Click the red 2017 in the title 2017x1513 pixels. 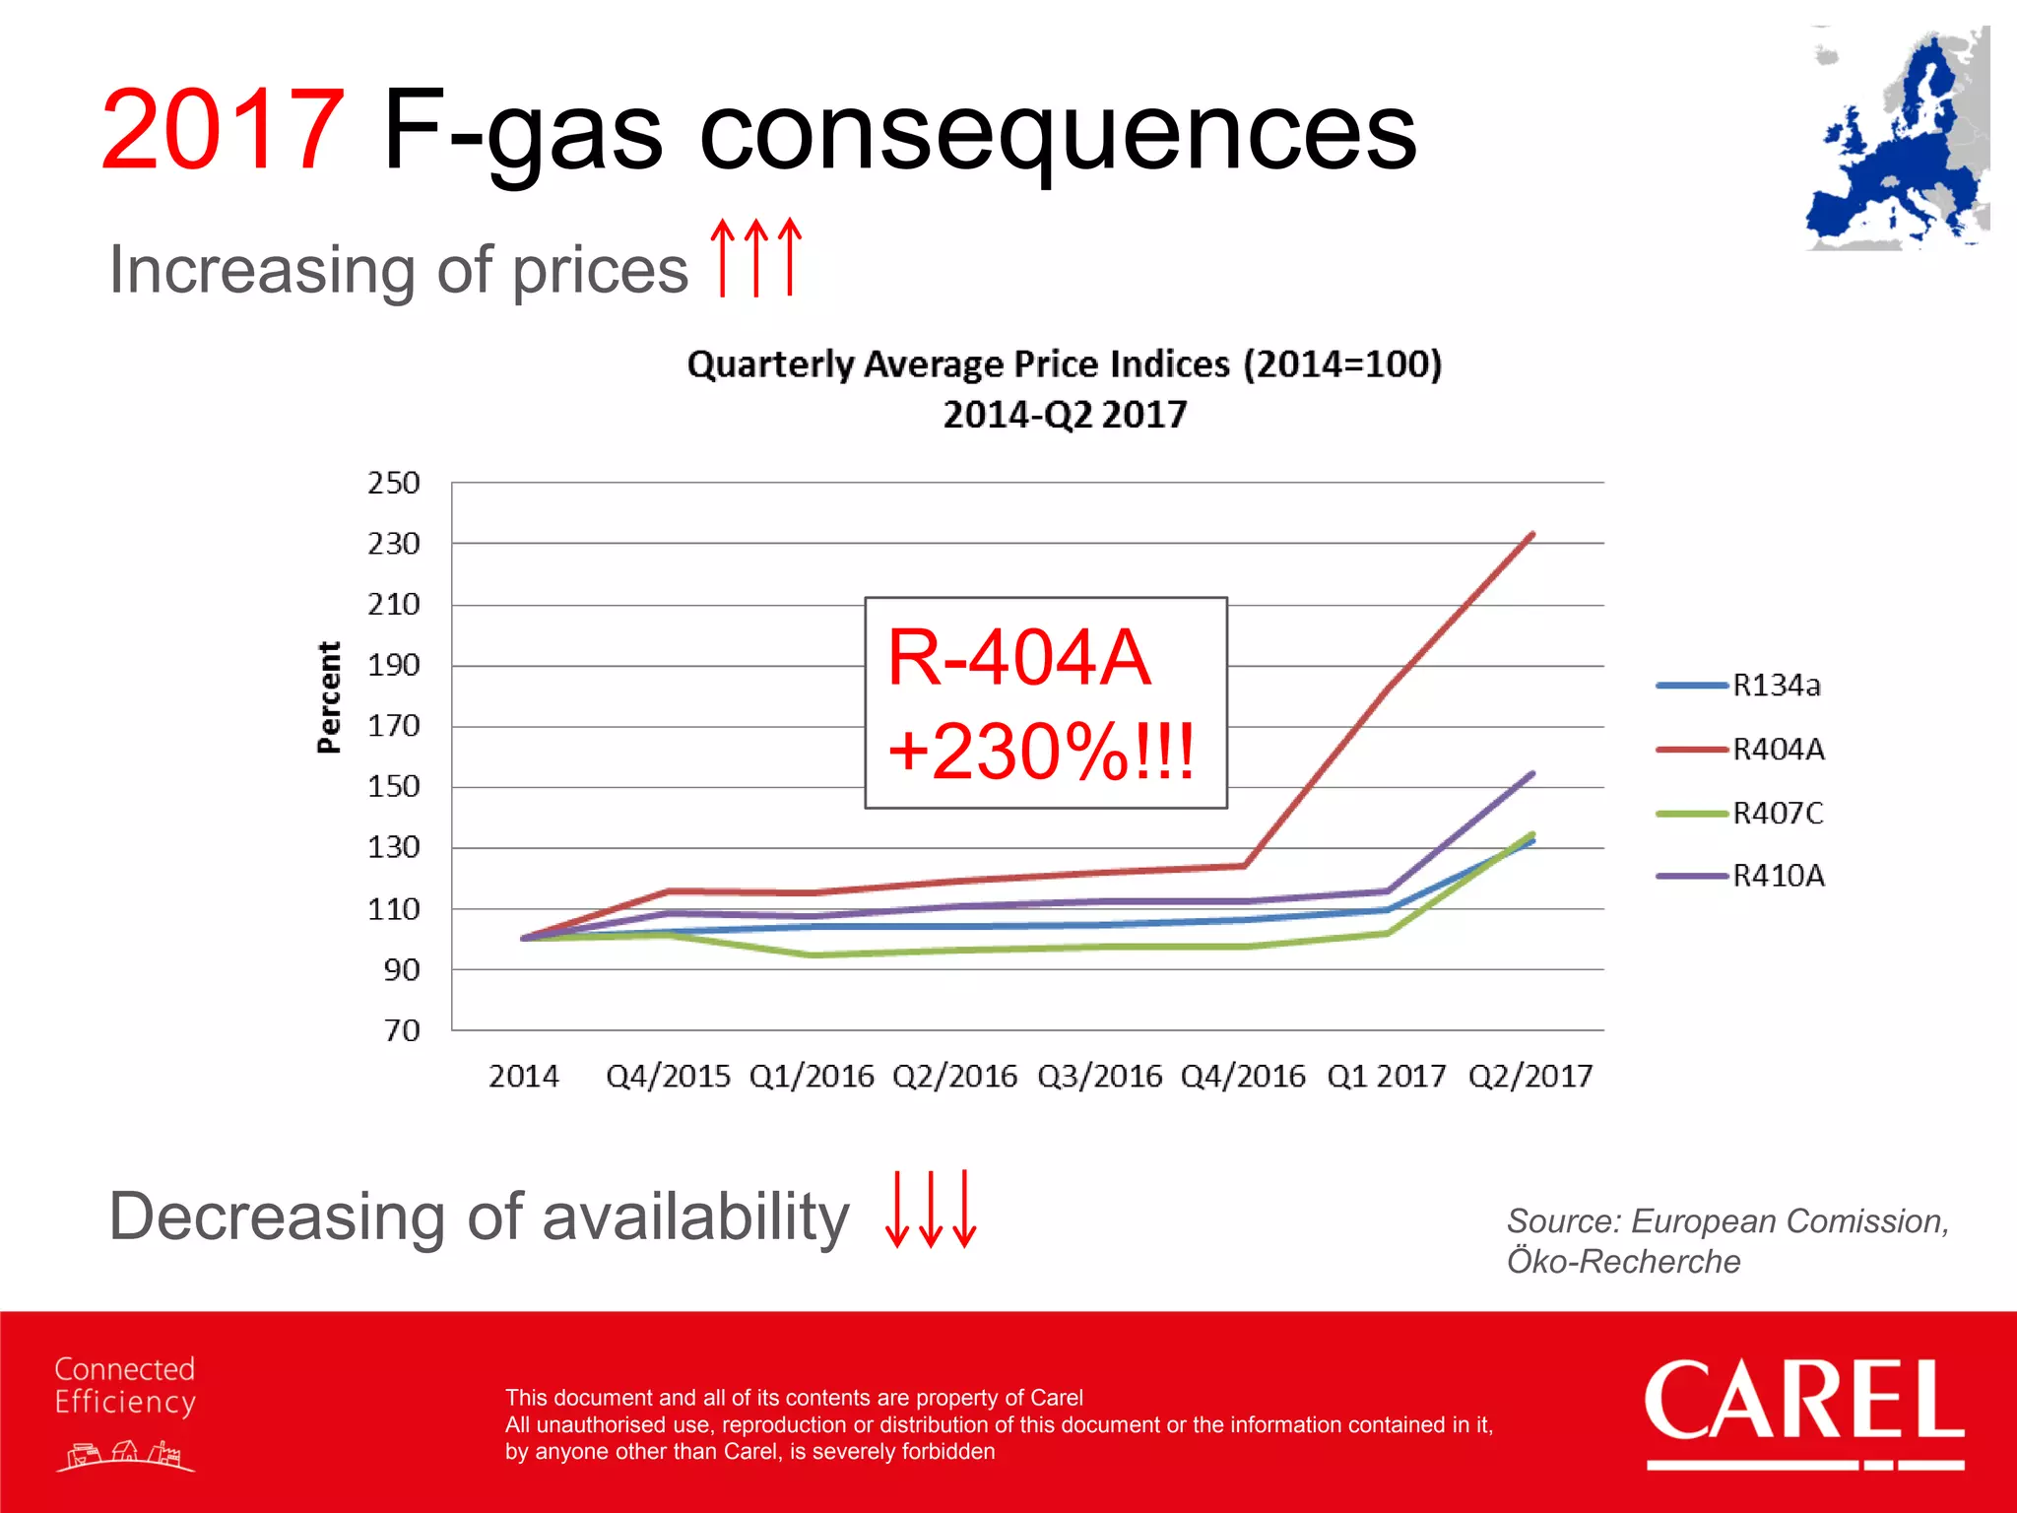tap(223, 130)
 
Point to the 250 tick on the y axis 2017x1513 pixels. tap(393, 483)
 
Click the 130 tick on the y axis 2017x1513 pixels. tap(393, 847)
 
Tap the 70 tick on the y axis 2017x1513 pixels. tap(401, 1030)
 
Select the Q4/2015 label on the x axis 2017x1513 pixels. tap(668, 1076)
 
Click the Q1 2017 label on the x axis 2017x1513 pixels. tap(1386, 1076)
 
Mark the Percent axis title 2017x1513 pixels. tap(329, 697)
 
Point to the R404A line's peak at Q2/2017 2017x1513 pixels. tap(1531, 535)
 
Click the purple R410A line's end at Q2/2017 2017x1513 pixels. tap(1531, 774)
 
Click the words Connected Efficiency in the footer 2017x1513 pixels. tap(125, 1385)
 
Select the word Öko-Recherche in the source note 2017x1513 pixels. tap(1623, 1262)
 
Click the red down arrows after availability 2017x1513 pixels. tap(931, 1209)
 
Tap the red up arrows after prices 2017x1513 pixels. tap(756, 257)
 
